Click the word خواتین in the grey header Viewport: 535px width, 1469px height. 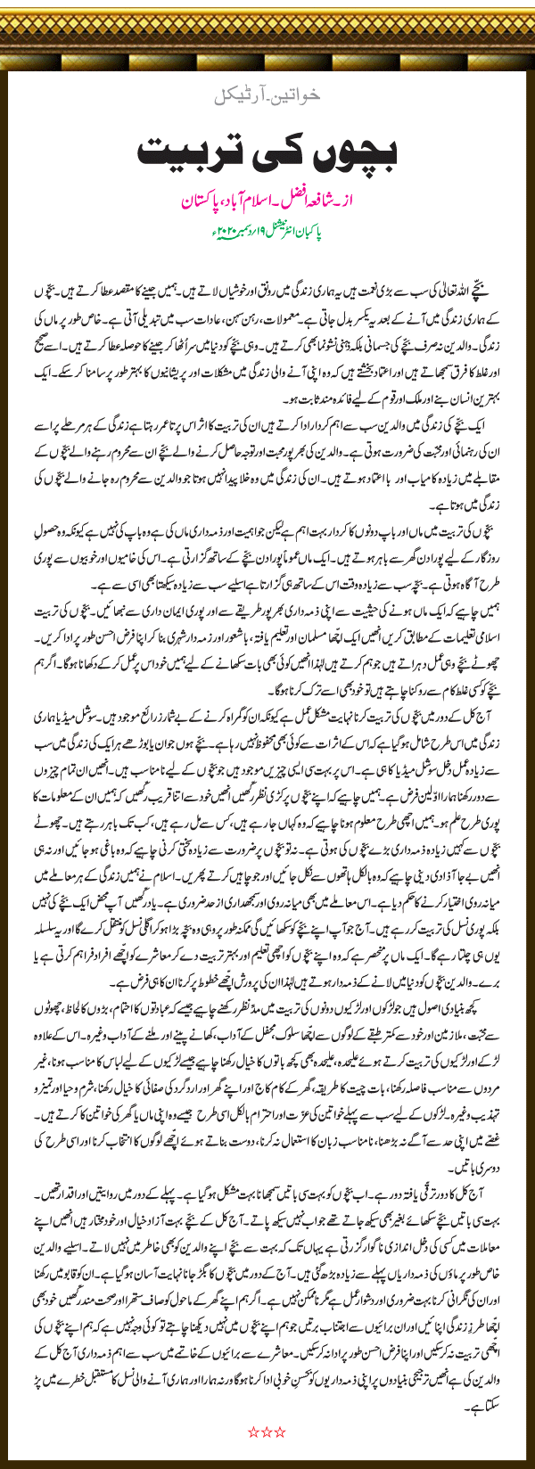tap(300, 94)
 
